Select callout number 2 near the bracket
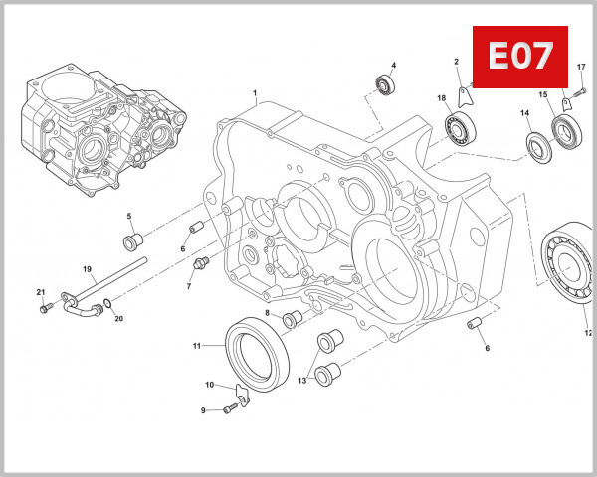(456, 63)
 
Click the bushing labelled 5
(131, 243)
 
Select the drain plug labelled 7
(200, 262)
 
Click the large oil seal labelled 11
(258, 348)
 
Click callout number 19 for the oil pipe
(87, 269)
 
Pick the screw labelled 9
(227, 409)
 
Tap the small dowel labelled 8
(293, 320)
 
